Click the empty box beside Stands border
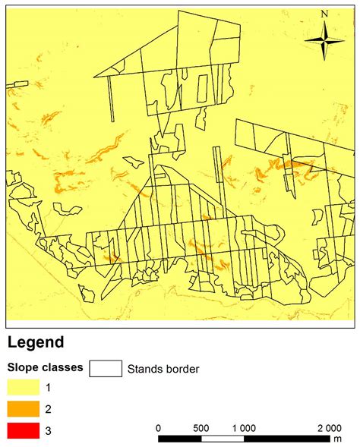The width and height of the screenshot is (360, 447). pos(106,369)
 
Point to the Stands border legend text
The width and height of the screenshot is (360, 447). pos(163,370)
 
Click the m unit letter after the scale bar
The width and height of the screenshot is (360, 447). pos(339,439)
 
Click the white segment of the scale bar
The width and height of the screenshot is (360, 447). pos(222,438)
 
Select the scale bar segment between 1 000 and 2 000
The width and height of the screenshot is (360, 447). pos(286,438)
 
